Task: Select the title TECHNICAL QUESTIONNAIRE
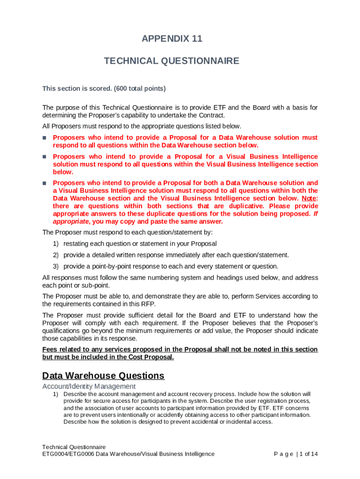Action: (172, 61)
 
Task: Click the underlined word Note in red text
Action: (308, 198)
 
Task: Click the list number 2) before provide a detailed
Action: (55, 255)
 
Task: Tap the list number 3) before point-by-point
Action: (55, 266)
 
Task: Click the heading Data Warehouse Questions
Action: (103, 376)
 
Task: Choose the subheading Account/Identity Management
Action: (89, 386)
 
